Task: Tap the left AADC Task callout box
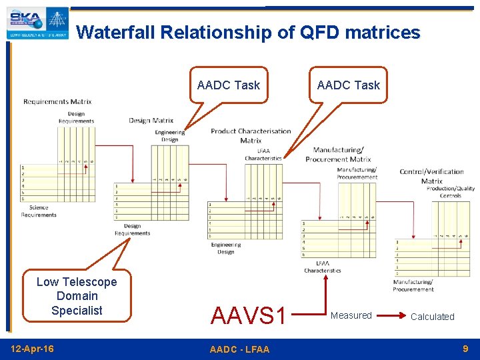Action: pos(229,85)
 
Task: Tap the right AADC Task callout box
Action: pos(348,85)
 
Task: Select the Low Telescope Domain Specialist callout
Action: pos(77,296)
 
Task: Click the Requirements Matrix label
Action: pos(57,102)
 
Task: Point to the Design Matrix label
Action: pos(151,121)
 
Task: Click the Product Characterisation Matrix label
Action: pos(251,135)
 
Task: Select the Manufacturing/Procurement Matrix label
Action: pos(342,155)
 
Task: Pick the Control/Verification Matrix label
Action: pos(431,176)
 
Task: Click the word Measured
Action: pos(351,315)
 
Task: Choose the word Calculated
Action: pos(432,317)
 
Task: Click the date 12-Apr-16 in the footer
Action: pos(33,349)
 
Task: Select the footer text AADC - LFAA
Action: pos(239,349)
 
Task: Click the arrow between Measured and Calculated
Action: pos(390,315)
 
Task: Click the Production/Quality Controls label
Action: pos(450,192)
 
